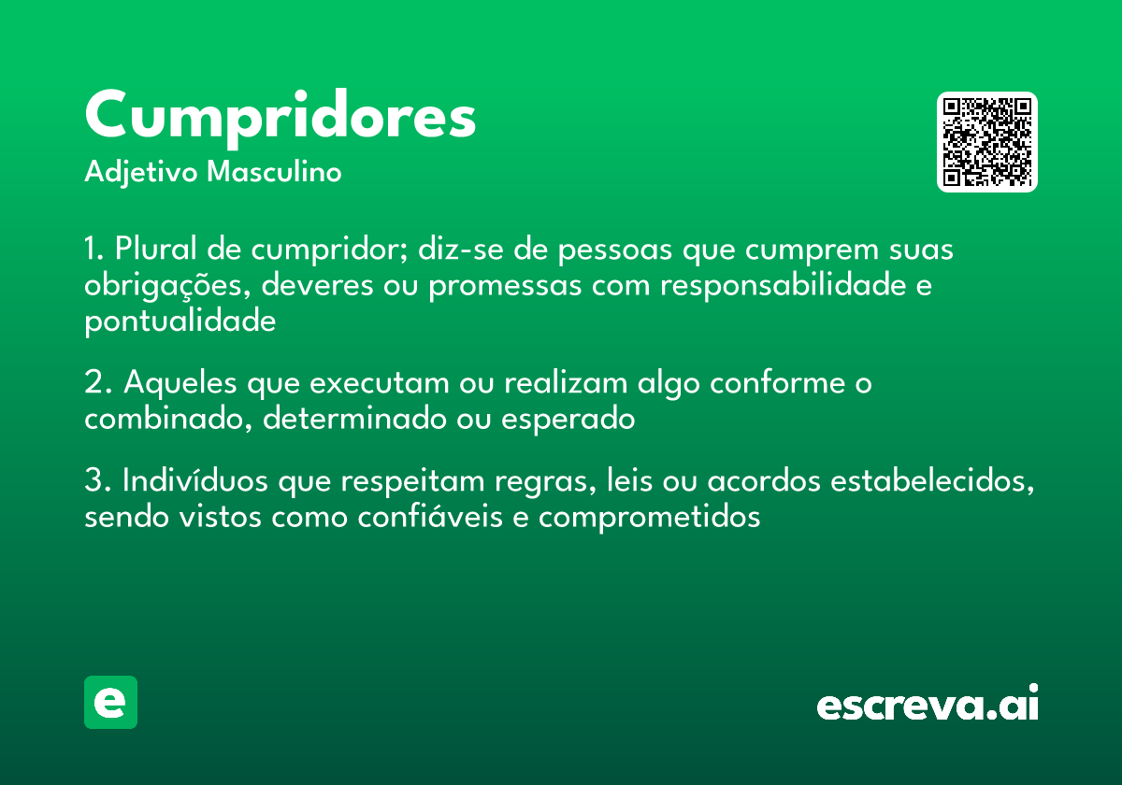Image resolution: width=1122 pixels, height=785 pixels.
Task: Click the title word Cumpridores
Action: (280, 117)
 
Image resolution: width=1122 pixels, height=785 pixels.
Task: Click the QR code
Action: (986, 142)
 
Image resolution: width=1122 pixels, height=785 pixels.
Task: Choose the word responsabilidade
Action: (781, 286)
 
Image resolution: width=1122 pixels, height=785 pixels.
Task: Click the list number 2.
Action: (94, 383)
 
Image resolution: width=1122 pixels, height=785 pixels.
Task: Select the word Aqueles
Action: (183, 383)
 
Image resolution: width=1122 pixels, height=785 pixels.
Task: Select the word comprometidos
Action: (649, 517)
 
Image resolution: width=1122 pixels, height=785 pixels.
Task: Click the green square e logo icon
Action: (110, 702)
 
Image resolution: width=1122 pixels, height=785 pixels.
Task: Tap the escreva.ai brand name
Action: (928, 704)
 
